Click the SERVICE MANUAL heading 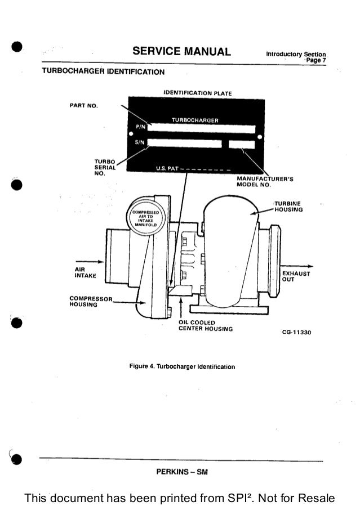181,52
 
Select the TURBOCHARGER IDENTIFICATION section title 103,71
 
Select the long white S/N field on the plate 184,144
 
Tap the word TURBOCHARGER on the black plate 195,119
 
